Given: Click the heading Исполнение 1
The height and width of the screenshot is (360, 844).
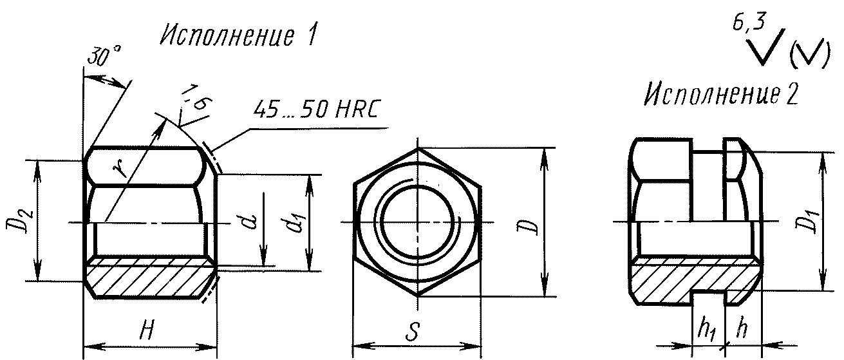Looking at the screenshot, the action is click(238, 37).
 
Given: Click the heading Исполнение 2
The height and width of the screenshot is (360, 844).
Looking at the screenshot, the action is click(721, 93).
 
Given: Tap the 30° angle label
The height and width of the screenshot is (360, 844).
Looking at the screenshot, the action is click(104, 56).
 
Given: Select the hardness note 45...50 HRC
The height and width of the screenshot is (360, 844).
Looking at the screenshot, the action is click(315, 109).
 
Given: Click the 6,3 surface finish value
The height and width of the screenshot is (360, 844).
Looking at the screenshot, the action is click(749, 23).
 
